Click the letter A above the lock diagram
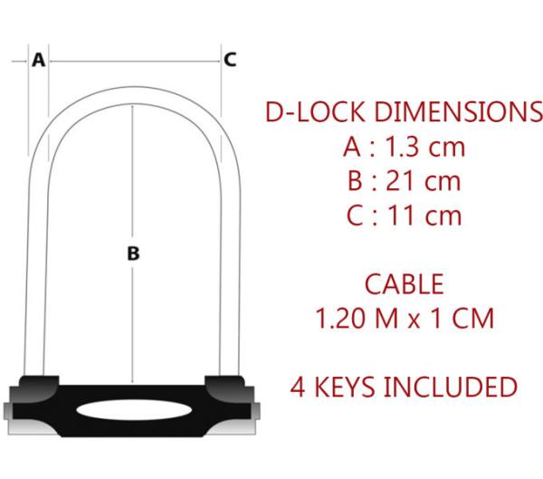click(x=38, y=60)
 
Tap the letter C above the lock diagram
click(x=230, y=60)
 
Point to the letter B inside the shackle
click(x=133, y=255)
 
